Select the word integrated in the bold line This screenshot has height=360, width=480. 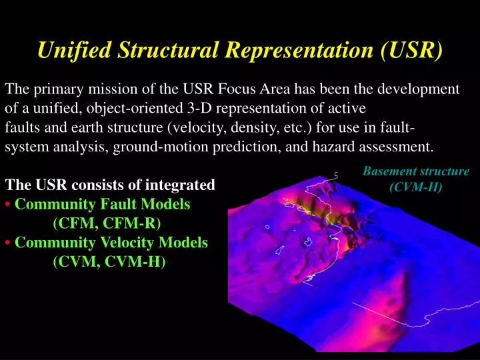(183, 185)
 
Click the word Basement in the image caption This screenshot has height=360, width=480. (390, 171)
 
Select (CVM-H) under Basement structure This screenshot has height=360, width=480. (416, 186)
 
